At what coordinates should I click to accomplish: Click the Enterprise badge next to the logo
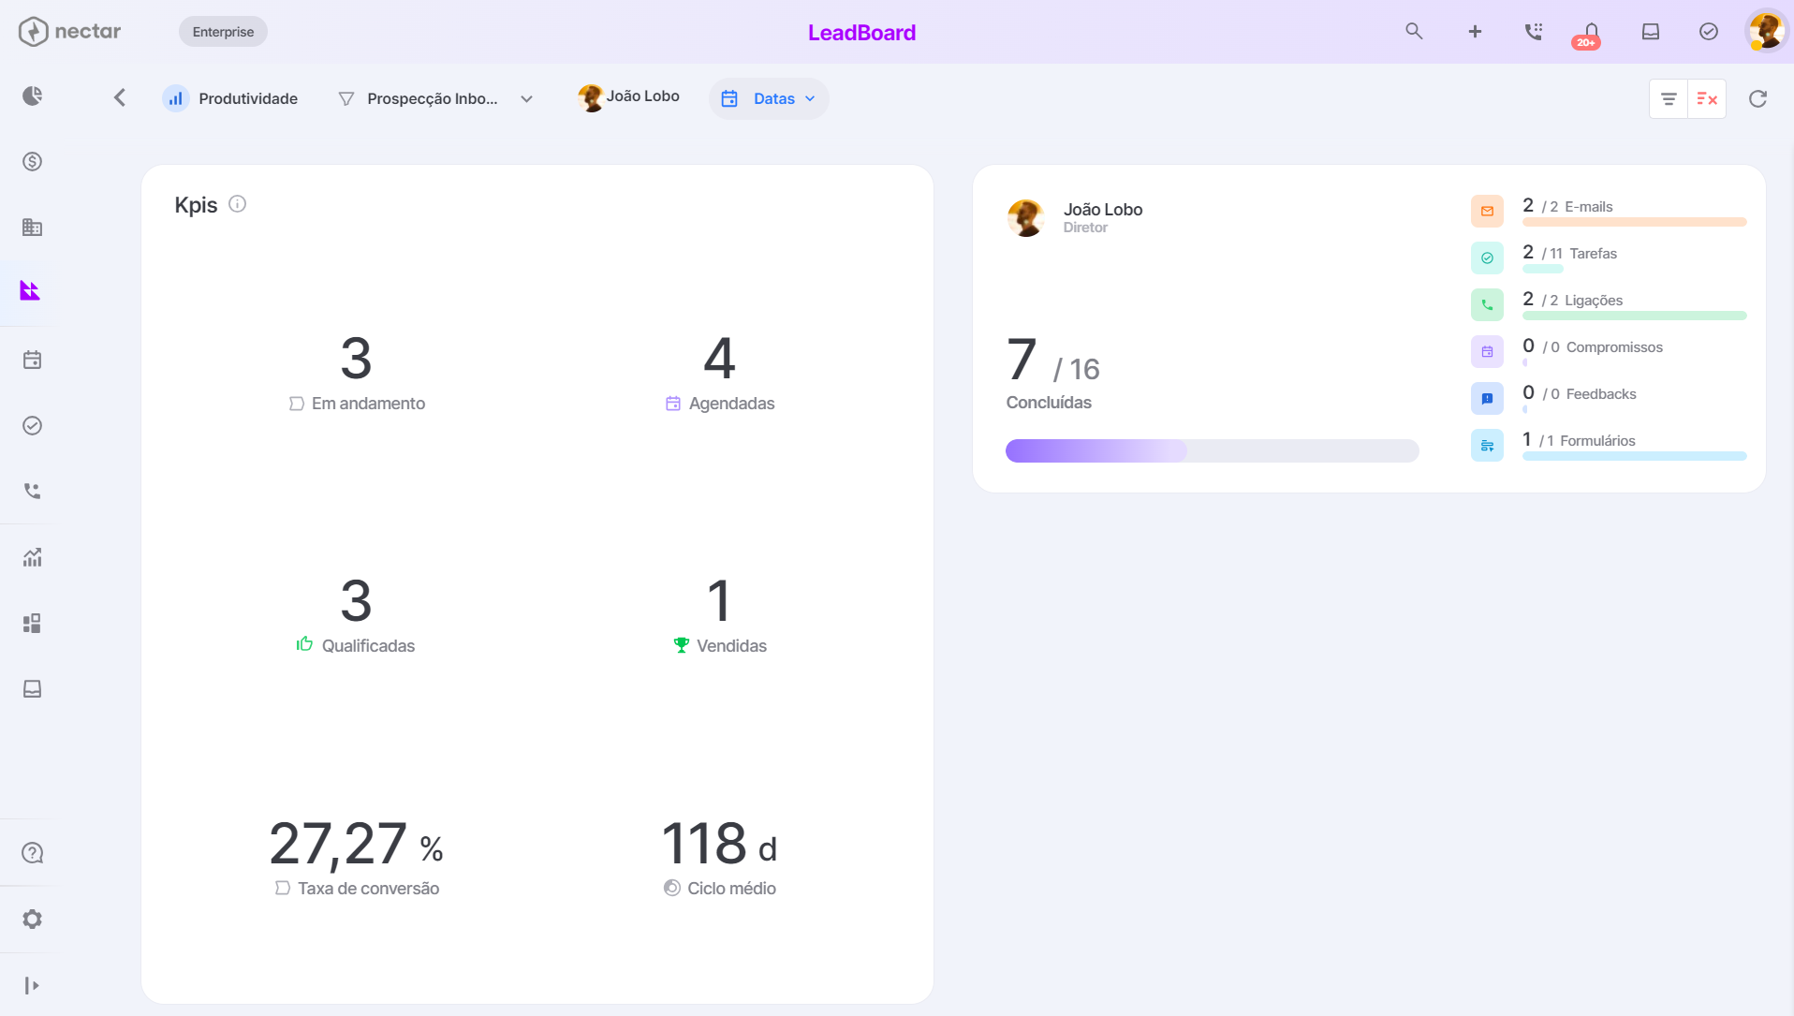(x=223, y=32)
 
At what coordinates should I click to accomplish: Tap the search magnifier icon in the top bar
(x=1414, y=31)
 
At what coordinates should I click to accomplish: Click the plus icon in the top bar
(x=1475, y=31)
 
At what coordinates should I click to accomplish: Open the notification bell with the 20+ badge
(x=1590, y=34)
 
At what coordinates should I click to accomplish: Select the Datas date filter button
(x=769, y=98)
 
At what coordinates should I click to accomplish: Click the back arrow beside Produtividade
(x=120, y=97)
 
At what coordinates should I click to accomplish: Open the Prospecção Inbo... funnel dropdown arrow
(x=527, y=99)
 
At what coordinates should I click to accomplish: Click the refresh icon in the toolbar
(x=1757, y=98)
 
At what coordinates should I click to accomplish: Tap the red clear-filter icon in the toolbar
(x=1707, y=98)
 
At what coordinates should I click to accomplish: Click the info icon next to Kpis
(x=238, y=204)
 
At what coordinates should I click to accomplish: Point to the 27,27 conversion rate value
(x=338, y=843)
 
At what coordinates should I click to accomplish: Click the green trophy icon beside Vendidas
(x=681, y=645)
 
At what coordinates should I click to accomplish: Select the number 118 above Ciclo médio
(x=704, y=843)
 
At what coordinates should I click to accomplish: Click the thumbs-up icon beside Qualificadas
(x=304, y=643)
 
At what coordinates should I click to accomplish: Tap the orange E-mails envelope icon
(x=1487, y=211)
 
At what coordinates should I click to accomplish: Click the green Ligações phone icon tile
(x=1487, y=304)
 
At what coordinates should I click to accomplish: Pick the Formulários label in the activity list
(x=1597, y=441)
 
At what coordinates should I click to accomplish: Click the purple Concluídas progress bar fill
(x=1096, y=451)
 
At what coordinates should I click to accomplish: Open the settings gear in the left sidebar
(x=33, y=920)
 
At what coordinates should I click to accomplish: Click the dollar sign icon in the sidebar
(x=33, y=162)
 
